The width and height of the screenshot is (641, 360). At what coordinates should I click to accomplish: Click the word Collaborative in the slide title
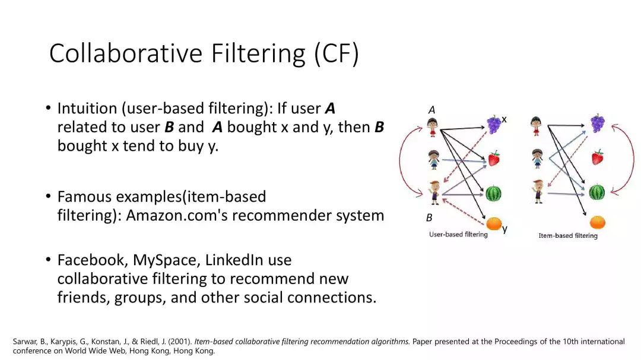click(126, 53)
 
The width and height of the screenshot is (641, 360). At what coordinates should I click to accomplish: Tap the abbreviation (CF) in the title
click(337, 53)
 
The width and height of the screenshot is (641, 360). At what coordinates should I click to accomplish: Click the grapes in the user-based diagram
click(494, 124)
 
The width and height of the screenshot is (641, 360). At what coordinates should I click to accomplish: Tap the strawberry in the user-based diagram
click(494, 158)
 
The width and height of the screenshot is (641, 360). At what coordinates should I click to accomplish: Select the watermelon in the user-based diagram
click(494, 193)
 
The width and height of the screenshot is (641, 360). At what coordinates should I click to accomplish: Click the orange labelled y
click(494, 224)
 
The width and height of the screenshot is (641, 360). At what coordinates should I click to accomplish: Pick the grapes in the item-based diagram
click(597, 123)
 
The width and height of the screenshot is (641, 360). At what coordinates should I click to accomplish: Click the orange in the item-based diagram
click(597, 222)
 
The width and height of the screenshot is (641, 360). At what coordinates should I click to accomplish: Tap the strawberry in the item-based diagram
click(597, 157)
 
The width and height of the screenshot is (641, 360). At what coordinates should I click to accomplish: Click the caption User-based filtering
click(458, 235)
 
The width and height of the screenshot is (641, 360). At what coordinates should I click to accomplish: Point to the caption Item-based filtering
click(567, 235)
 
